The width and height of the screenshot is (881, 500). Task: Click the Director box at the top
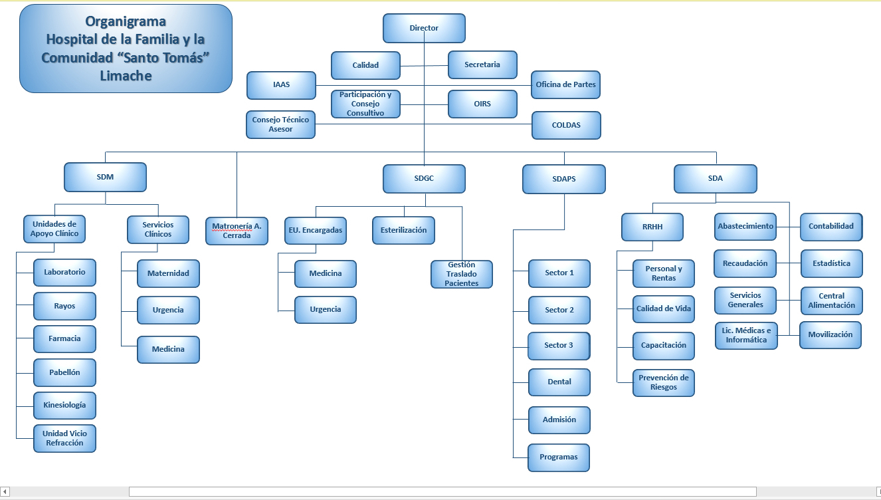pyautogui.click(x=424, y=28)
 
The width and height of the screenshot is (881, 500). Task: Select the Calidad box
pyautogui.click(x=365, y=65)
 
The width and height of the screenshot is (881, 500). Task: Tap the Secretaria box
pyautogui.click(x=482, y=64)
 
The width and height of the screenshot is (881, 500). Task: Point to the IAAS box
pyautogui.click(x=281, y=85)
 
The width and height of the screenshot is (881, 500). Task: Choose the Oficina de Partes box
pyautogui.click(x=565, y=84)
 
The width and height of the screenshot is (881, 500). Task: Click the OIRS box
pyautogui.click(x=482, y=104)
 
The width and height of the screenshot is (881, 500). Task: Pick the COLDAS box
pyautogui.click(x=566, y=125)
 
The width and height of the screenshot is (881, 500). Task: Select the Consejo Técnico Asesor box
pyautogui.click(x=280, y=124)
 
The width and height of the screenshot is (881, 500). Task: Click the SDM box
pyautogui.click(x=105, y=178)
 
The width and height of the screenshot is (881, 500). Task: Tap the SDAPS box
pyautogui.click(x=563, y=179)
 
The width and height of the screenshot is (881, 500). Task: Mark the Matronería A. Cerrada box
pyautogui.click(x=237, y=231)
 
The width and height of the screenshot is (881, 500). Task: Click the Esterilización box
pyautogui.click(x=403, y=230)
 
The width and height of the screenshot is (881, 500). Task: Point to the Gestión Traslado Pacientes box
pyautogui.click(x=461, y=274)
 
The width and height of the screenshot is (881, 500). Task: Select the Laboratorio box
pyautogui.click(x=64, y=272)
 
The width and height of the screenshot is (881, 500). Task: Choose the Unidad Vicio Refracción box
pyautogui.click(x=64, y=438)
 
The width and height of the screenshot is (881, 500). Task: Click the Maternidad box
pyautogui.click(x=168, y=273)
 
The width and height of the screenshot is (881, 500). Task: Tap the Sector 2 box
pyautogui.click(x=559, y=310)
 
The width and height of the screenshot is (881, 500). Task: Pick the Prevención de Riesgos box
pyautogui.click(x=663, y=382)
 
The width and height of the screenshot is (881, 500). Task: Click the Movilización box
pyautogui.click(x=830, y=334)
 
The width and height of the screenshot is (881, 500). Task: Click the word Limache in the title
pyautogui.click(x=126, y=76)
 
